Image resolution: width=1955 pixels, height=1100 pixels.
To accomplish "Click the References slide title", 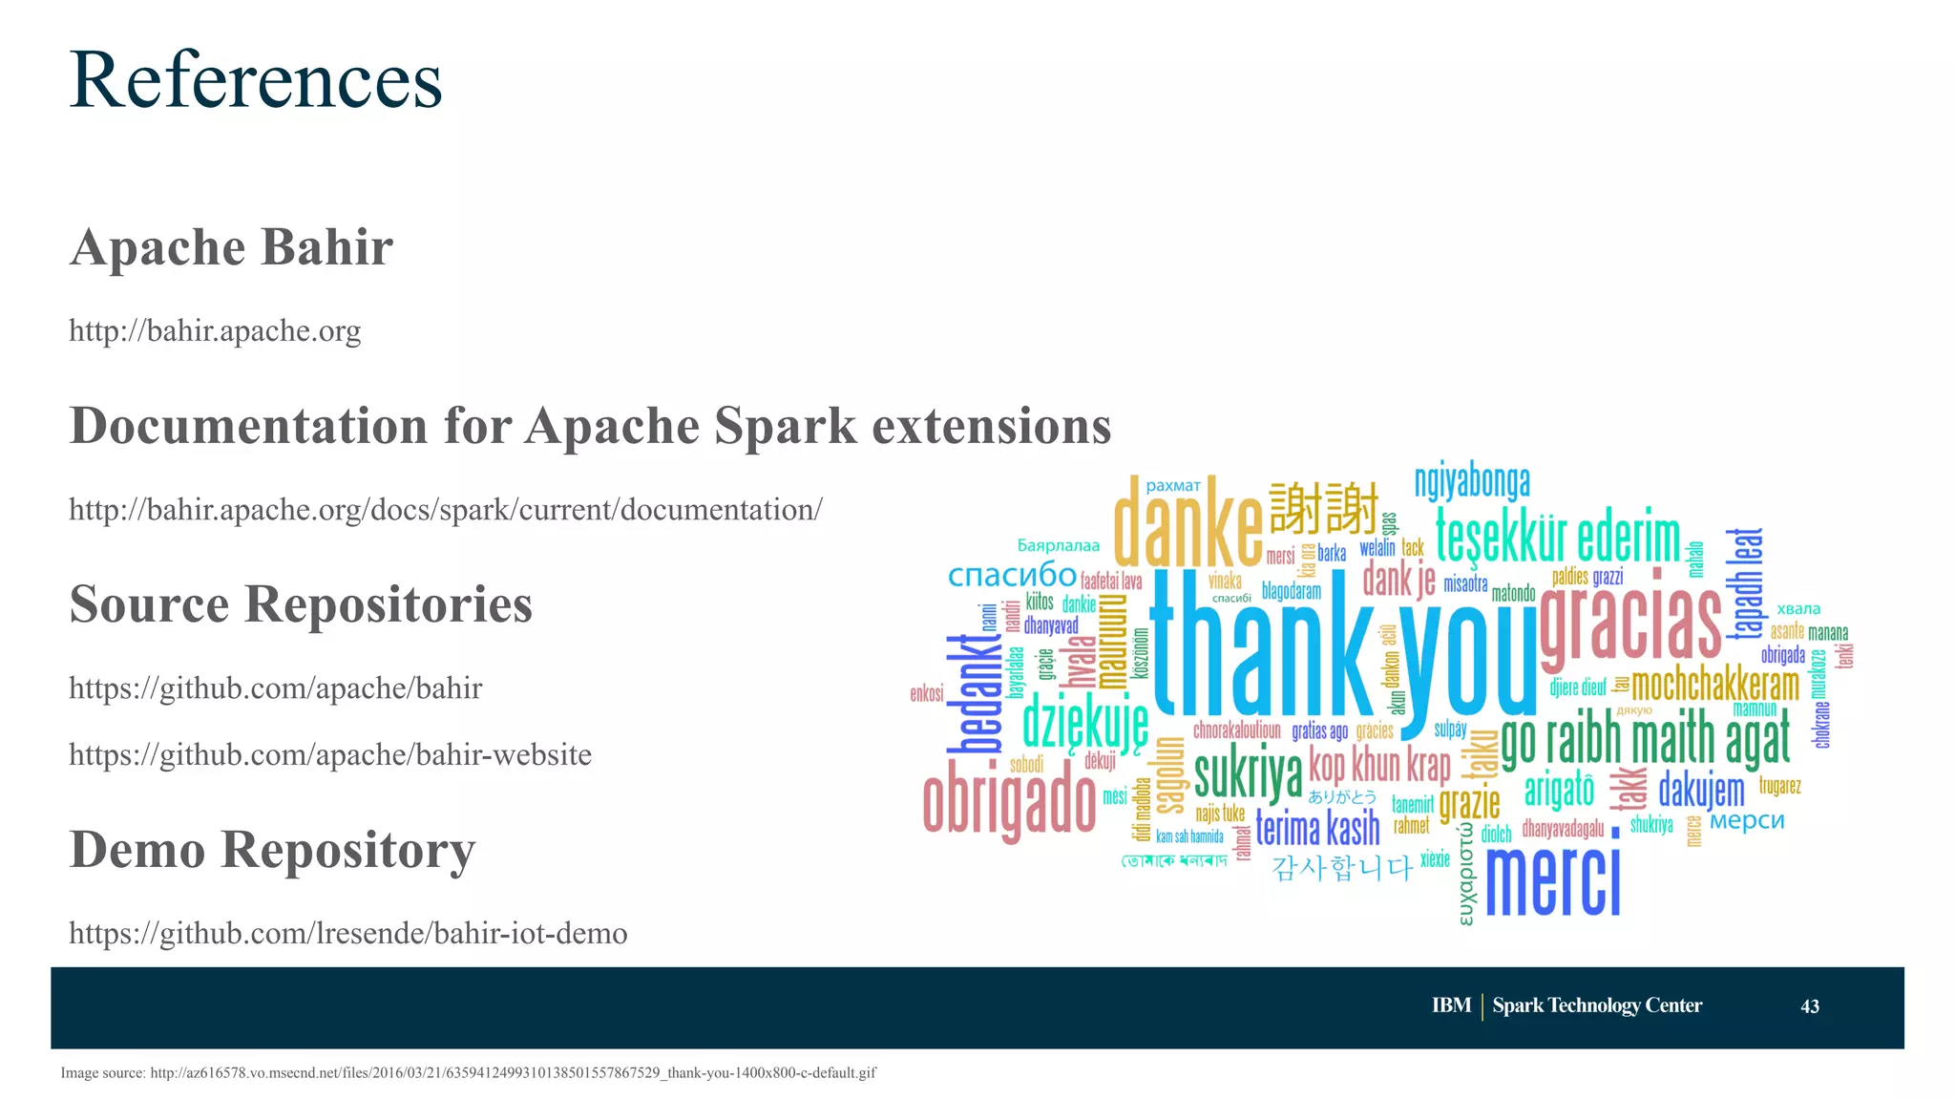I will click(256, 80).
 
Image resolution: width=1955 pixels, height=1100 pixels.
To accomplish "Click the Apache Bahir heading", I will click(231, 247).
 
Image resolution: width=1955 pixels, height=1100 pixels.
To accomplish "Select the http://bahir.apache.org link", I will click(215, 331).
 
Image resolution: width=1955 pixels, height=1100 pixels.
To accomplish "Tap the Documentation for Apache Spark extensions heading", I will click(590, 426).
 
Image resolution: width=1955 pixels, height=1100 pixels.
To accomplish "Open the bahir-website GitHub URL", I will click(330, 755).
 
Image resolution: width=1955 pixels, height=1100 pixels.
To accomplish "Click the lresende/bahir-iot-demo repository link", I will click(347, 933).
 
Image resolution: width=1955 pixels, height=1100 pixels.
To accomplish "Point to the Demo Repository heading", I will click(272, 850).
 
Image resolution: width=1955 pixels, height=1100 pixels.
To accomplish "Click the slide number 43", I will click(1809, 1006).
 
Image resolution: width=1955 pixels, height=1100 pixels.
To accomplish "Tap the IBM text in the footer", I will click(1451, 1005).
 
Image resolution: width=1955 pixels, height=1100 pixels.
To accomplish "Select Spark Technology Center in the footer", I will click(1597, 1005).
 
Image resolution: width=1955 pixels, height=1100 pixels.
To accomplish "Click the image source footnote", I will click(468, 1073).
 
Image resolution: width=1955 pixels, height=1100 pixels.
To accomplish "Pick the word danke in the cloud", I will click(1188, 523).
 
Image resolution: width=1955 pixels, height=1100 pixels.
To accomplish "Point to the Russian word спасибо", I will click(1012, 575).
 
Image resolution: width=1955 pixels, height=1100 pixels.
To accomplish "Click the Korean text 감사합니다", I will click(1341, 868).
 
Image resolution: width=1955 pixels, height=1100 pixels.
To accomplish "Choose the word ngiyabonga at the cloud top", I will click(1472, 482).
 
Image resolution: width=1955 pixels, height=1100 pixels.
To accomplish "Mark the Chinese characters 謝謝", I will click(1324, 508).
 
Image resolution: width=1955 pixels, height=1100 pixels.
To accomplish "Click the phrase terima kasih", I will click(1317, 828).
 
